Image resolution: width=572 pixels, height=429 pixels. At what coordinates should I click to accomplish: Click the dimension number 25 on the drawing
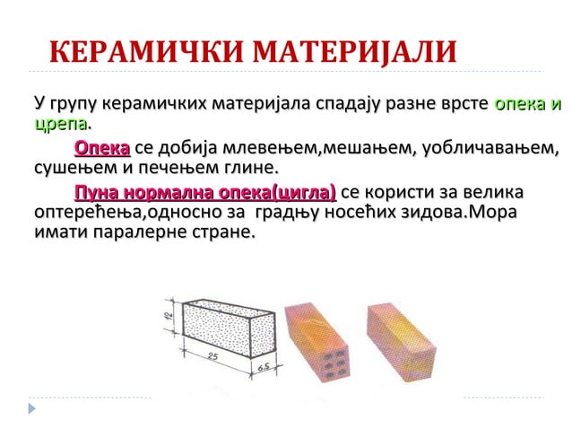[x=213, y=357]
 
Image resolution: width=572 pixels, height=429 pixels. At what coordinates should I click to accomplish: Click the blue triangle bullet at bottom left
[x=34, y=409]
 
